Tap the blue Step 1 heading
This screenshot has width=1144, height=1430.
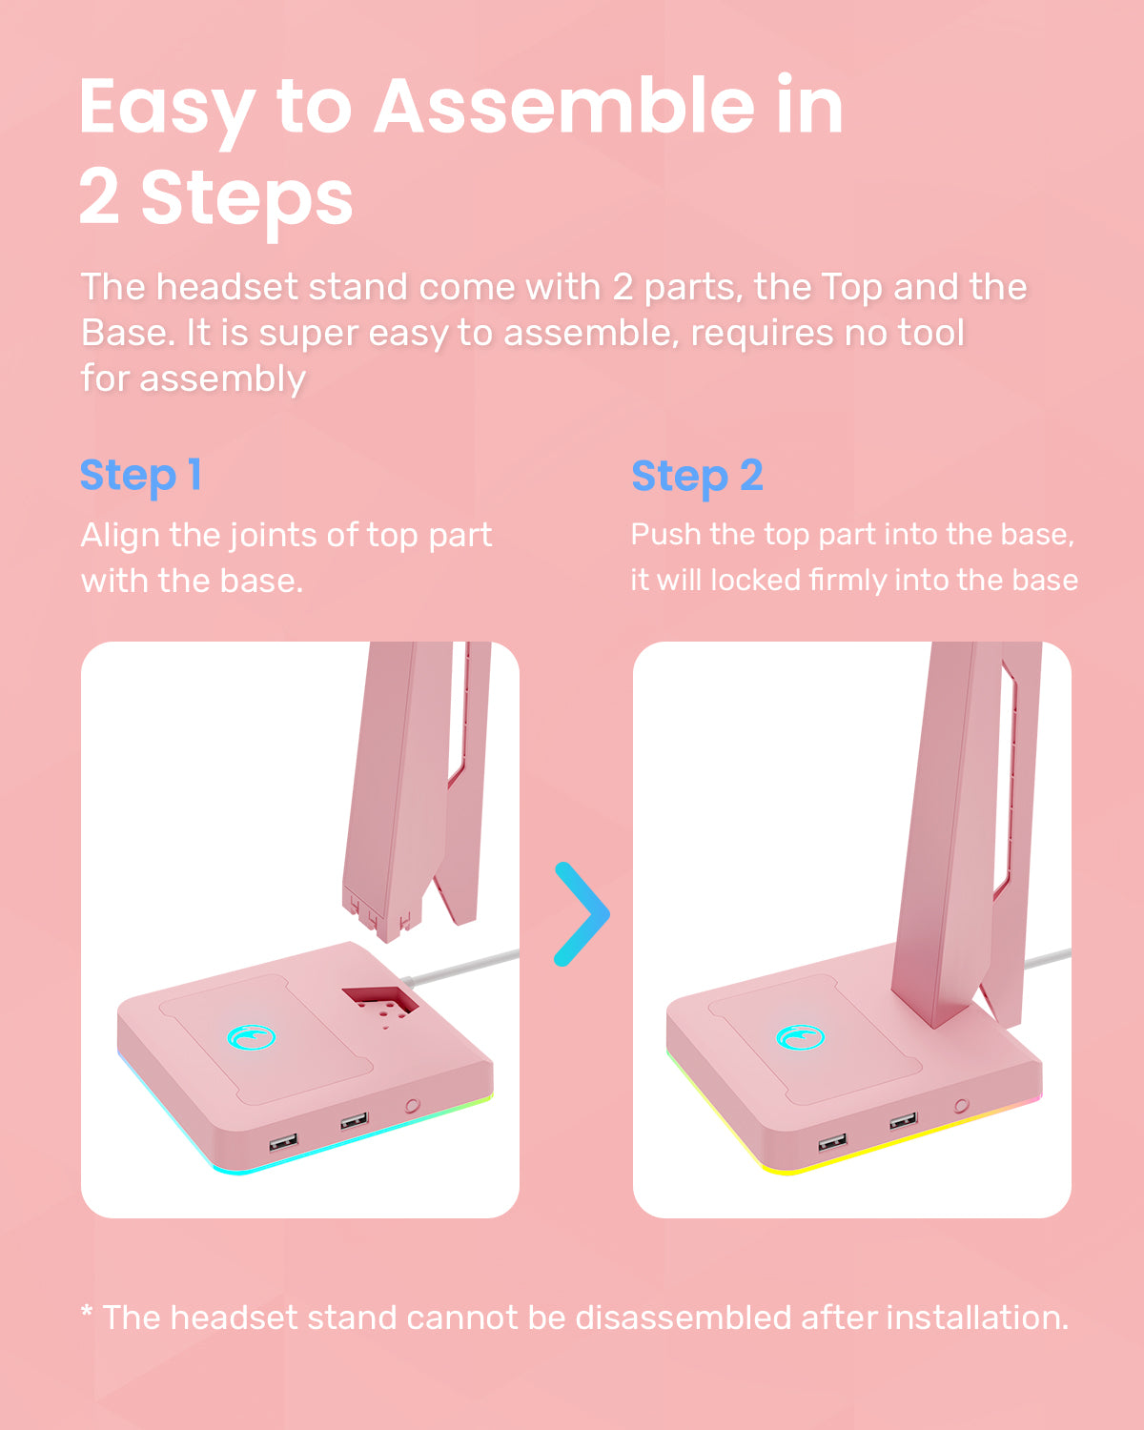pyautogui.click(x=140, y=476)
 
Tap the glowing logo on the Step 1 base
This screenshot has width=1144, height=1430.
pyautogui.click(x=252, y=1037)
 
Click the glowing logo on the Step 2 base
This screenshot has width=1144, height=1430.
pyautogui.click(x=801, y=1037)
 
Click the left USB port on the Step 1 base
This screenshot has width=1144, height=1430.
pyautogui.click(x=283, y=1142)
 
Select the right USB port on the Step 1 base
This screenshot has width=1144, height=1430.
pyautogui.click(x=354, y=1121)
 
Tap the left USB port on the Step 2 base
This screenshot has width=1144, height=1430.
pyautogui.click(x=832, y=1142)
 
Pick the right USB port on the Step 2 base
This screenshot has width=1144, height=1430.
pyautogui.click(x=903, y=1121)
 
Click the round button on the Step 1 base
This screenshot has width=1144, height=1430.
pyautogui.click(x=412, y=1106)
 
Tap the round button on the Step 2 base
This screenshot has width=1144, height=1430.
pyautogui.click(x=961, y=1106)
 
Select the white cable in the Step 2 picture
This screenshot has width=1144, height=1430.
pyautogui.click(x=1048, y=958)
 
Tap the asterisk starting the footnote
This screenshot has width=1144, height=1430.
pyautogui.click(x=87, y=1313)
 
